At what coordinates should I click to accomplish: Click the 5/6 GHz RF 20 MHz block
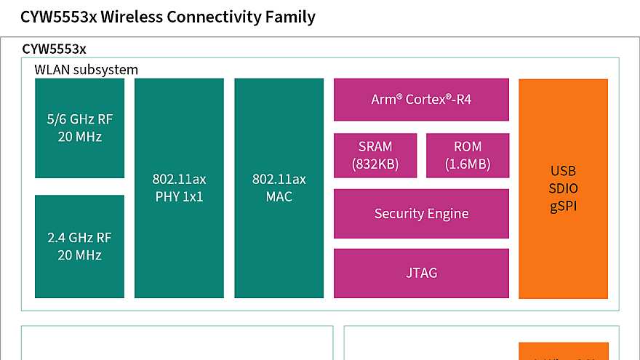point(79,128)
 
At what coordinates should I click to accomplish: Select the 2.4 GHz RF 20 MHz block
point(79,246)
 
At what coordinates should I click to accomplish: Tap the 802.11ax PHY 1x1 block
point(179,188)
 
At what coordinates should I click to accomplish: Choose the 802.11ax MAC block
point(279,188)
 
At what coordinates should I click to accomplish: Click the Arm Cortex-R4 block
point(421,100)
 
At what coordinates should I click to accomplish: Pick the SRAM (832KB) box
point(375,155)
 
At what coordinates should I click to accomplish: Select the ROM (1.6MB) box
point(467,155)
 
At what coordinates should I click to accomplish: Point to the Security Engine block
point(421,214)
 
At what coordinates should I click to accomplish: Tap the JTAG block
point(421,273)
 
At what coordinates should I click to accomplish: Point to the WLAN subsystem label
point(86,70)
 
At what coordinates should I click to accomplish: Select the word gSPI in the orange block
point(564,207)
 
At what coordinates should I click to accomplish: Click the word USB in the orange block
point(564,171)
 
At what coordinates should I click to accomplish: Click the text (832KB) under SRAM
point(375,164)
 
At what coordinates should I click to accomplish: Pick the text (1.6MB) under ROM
point(467,164)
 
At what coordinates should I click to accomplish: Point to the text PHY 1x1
point(179,196)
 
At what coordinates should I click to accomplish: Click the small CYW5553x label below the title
point(55,49)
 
